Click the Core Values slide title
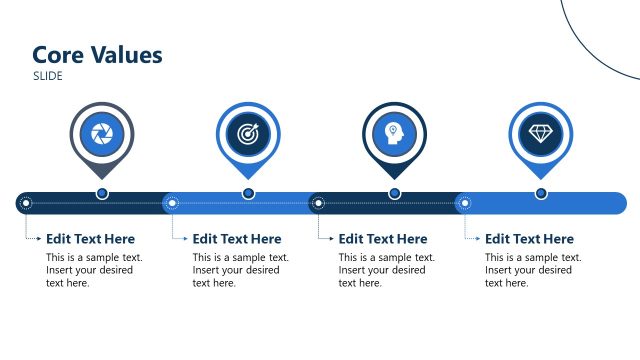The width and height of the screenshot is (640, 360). pos(97,55)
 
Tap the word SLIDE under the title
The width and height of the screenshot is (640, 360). pos(48,76)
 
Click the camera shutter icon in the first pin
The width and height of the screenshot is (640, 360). pos(101,134)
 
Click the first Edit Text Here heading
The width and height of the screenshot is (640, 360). pos(90,239)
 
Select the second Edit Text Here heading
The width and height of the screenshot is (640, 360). pos(237,239)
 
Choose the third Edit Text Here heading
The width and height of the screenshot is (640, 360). pos(383,239)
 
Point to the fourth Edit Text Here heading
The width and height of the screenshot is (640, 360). pos(529,239)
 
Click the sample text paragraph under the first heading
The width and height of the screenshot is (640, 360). pos(94,270)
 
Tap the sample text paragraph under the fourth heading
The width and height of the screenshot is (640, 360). pos(533,270)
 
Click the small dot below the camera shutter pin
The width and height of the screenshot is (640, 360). pos(102,193)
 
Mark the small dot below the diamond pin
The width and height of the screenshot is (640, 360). pos(541,193)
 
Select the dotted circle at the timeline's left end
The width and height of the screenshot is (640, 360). pos(26,204)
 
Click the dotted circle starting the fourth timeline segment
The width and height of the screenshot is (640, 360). pos(464,204)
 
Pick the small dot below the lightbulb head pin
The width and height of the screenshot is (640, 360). pos(395,193)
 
